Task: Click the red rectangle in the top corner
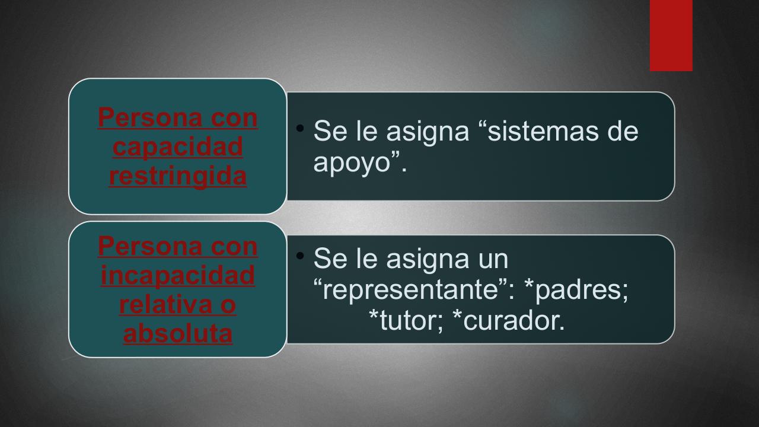pos(671,35)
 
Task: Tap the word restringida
pos(177,176)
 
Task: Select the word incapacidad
pos(177,275)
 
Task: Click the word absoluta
pos(178,333)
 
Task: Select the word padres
pos(581,291)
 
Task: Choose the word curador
pos(514,320)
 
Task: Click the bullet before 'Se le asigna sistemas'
pos(300,128)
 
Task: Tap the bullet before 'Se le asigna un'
pos(300,256)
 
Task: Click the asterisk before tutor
pos(374,314)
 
